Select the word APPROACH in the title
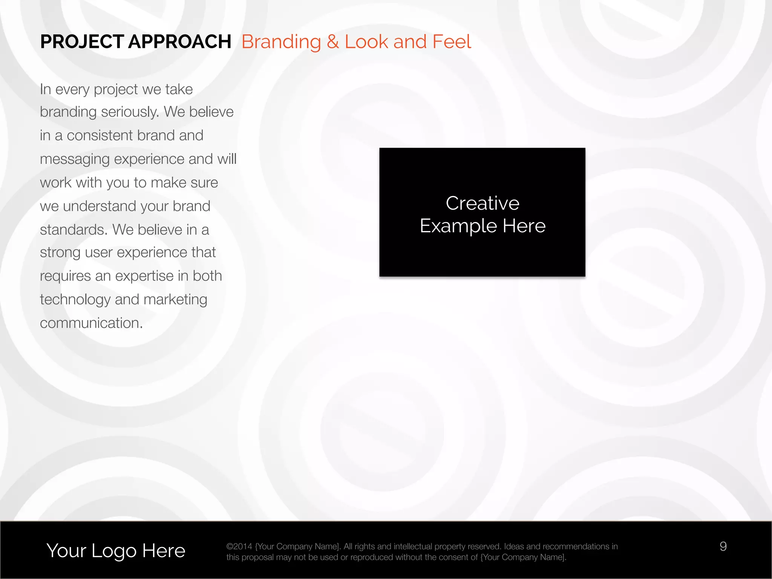180,42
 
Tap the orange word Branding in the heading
281,42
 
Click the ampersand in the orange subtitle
333,42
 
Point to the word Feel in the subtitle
452,42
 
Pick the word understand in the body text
115,206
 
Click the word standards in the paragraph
74,230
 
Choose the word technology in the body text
75,300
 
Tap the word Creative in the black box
482,203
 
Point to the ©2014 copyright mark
239,547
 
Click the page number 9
723,547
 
